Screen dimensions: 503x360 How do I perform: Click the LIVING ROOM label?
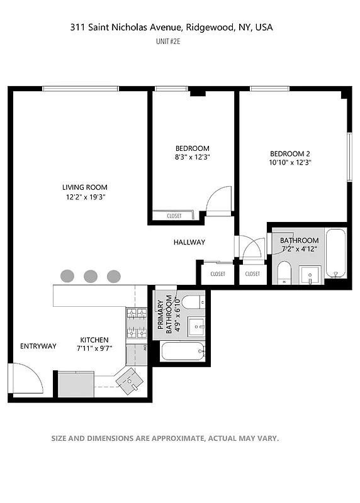[84, 187]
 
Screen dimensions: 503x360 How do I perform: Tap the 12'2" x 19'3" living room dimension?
[84, 197]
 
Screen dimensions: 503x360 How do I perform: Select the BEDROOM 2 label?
[290, 153]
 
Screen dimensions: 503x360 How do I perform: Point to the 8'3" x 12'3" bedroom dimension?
[192, 158]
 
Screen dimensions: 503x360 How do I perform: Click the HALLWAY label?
[189, 242]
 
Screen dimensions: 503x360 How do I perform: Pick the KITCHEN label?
[94, 340]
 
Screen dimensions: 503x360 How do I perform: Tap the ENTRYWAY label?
[38, 346]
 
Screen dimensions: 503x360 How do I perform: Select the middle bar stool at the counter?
[91, 275]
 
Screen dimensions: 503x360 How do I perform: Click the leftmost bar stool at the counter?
[67, 275]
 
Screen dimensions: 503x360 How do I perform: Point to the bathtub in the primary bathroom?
[183, 351]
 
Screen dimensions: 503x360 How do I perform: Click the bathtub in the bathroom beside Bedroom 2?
[336, 253]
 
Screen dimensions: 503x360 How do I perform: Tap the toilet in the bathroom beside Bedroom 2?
[284, 272]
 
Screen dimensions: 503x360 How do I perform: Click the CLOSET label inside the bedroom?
[174, 216]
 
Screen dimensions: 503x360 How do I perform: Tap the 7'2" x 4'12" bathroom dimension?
[300, 250]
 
